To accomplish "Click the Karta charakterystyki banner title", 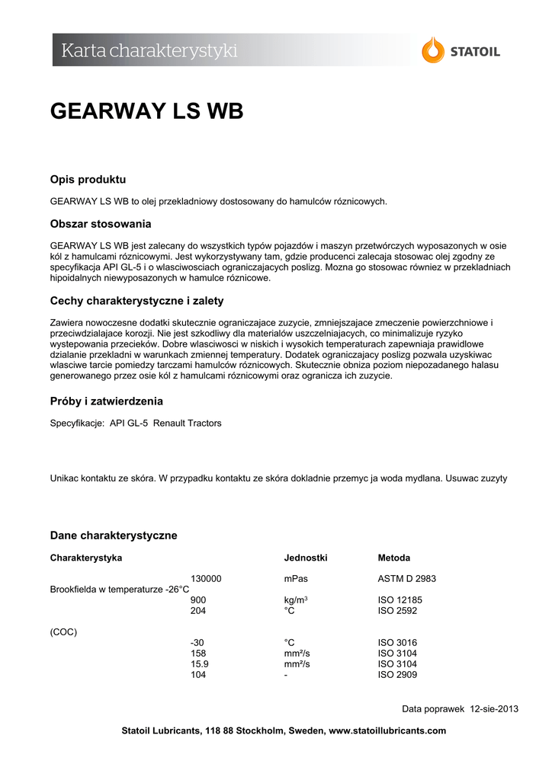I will pyautogui.click(x=149, y=51).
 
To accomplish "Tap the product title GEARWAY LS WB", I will pyautogui.click(x=146, y=111).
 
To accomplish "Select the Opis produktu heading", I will pyautogui.click(x=88, y=180).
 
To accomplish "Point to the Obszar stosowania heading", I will pyautogui.click(x=101, y=224).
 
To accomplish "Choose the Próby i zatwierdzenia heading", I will pyautogui.click(x=106, y=401).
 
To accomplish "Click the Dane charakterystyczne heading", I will pyautogui.click(x=114, y=535).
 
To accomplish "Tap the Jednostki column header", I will pyautogui.click(x=306, y=558).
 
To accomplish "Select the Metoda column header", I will pyautogui.click(x=393, y=558).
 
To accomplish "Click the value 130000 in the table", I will pyautogui.click(x=206, y=579).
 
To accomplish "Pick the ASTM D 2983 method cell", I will pyautogui.click(x=407, y=579).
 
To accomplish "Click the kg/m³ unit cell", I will pyautogui.click(x=296, y=600).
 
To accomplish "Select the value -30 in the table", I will pyautogui.click(x=197, y=643).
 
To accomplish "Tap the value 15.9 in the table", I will pyautogui.click(x=200, y=664).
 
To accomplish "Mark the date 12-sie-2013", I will pyautogui.click(x=494, y=709).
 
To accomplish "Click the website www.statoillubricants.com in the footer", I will pyautogui.click(x=387, y=730).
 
